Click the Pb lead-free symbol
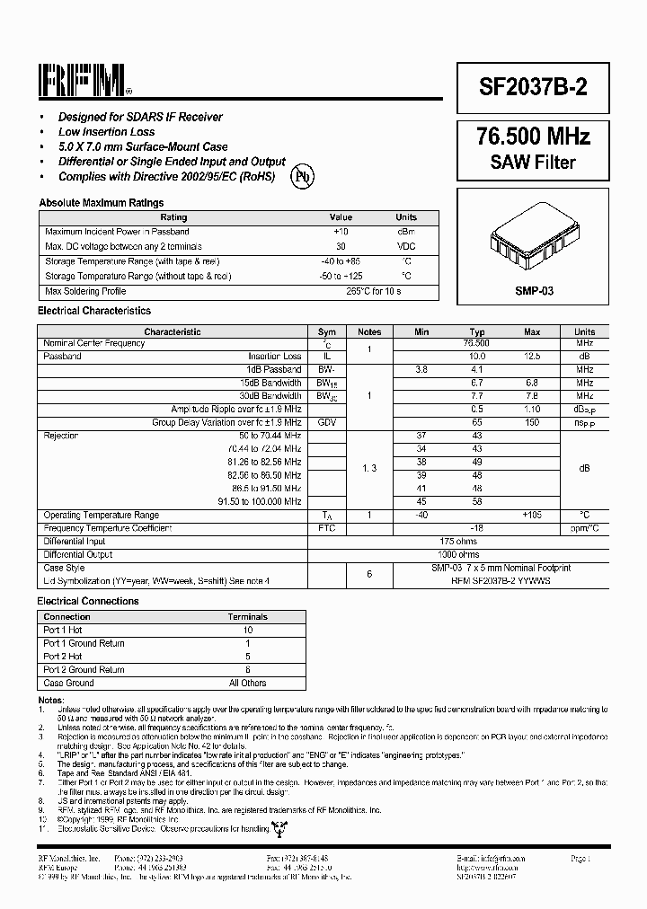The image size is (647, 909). (303, 176)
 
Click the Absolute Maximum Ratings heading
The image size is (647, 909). (102, 203)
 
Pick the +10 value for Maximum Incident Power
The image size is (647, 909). (341, 232)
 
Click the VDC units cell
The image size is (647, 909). (406, 246)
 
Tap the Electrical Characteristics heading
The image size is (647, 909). (94, 311)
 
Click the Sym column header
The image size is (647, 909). (327, 331)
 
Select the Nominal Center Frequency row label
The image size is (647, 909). (94, 343)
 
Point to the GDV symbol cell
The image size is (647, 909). (327, 422)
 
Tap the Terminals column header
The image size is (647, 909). (248, 617)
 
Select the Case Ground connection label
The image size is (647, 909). (68, 683)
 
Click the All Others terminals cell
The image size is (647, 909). (248, 683)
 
